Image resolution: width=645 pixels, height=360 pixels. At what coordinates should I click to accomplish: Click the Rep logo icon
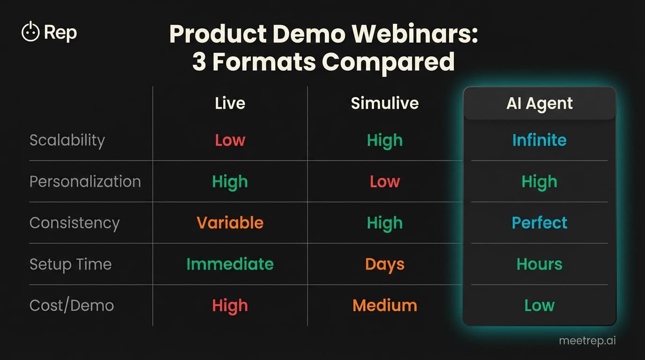point(30,32)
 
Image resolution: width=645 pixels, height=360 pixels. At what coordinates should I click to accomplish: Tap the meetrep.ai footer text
point(587,341)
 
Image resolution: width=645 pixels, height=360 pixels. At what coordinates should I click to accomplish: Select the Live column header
point(230,103)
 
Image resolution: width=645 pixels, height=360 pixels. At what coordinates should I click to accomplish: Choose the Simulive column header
point(384,103)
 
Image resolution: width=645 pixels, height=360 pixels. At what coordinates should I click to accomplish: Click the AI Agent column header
point(539,103)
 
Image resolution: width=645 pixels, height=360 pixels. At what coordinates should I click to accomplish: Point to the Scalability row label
point(67,140)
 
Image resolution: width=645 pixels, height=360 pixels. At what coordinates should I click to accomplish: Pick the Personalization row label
point(85,181)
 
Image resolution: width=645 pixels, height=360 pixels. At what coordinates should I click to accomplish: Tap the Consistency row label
point(75,223)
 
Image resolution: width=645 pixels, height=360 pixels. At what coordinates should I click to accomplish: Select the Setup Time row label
point(70,264)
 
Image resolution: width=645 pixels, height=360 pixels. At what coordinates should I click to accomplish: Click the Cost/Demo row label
point(72,305)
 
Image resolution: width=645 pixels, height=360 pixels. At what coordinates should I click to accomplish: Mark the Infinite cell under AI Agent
point(539,140)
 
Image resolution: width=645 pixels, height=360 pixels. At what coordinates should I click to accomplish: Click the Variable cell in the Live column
point(230,223)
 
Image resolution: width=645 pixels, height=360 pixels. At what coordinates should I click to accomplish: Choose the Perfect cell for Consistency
point(539,223)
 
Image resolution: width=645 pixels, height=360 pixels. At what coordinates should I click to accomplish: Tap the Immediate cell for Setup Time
point(230,264)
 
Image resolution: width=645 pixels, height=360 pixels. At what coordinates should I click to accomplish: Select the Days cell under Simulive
point(384,264)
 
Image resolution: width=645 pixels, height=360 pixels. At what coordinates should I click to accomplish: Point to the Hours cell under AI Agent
point(539,264)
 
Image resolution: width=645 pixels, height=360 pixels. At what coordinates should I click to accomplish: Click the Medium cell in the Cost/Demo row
point(384,305)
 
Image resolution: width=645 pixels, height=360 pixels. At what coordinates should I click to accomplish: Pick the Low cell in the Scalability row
point(230,140)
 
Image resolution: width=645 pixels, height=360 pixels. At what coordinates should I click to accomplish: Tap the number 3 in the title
point(199,62)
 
